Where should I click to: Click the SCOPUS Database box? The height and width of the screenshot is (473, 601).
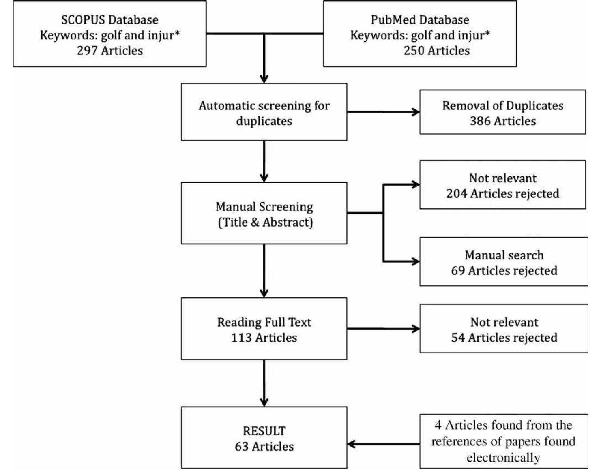(x=109, y=34)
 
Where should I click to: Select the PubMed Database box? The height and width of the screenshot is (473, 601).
(x=420, y=34)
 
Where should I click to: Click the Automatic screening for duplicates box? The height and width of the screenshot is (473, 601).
(x=264, y=113)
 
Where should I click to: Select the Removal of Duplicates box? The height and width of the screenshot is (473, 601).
(x=502, y=112)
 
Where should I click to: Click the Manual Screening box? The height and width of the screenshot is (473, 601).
(x=264, y=214)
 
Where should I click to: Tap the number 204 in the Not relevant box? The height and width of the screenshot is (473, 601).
(x=457, y=194)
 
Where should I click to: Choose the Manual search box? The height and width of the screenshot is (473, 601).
(x=504, y=262)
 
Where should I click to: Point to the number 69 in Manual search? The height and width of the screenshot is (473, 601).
(x=458, y=270)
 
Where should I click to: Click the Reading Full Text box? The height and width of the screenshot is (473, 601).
(x=264, y=329)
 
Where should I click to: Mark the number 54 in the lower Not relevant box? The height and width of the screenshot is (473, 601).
(x=458, y=338)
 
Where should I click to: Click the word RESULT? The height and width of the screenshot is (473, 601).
(x=264, y=431)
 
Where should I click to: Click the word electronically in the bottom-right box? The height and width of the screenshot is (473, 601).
(x=503, y=458)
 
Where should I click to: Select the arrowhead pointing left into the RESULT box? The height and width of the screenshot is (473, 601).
(x=352, y=444)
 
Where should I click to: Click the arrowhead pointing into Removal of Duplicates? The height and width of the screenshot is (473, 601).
(x=416, y=112)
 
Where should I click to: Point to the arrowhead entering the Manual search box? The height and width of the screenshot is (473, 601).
(x=416, y=262)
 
